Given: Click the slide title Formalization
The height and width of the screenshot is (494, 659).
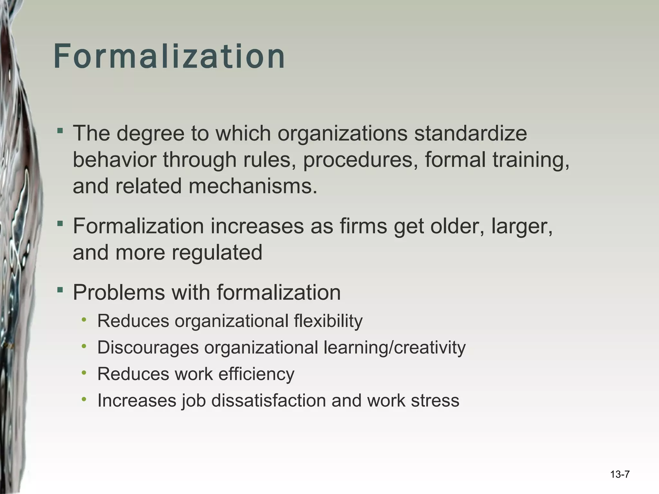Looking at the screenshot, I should (x=169, y=57).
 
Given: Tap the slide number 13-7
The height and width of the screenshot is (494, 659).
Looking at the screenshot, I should (x=619, y=474).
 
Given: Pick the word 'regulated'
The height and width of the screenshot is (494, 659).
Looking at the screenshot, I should (x=217, y=252).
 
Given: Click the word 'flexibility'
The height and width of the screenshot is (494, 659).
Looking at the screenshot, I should (x=328, y=321).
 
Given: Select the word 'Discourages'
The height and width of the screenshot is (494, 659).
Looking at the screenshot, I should (x=148, y=347).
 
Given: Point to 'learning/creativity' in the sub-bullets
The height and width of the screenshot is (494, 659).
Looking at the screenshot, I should (x=394, y=347).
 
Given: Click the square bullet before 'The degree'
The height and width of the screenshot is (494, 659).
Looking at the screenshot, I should (x=60, y=131).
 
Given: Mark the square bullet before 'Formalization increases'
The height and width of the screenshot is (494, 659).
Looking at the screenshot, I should (x=60, y=224).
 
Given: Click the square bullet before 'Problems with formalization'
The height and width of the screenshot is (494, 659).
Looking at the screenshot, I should (x=60, y=290).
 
